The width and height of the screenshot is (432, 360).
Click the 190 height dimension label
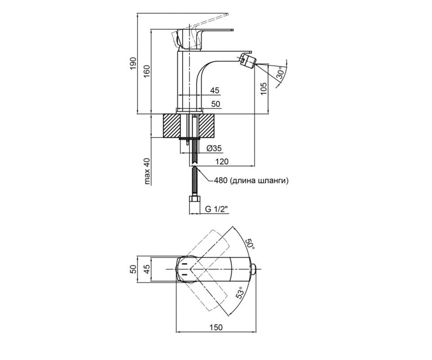click(x=134, y=63)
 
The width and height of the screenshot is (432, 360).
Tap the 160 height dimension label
click(x=147, y=71)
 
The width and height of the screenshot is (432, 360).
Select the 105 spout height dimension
click(x=264, y=89)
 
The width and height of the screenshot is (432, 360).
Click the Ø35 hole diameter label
click(x=214, y=148)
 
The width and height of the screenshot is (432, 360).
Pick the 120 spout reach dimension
click(x=222, y=161)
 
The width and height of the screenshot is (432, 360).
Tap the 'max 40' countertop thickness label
click(x=147, y=171)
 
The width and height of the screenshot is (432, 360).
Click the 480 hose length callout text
click(x=251, y=181)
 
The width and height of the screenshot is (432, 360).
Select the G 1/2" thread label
click(x=216, y=209)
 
